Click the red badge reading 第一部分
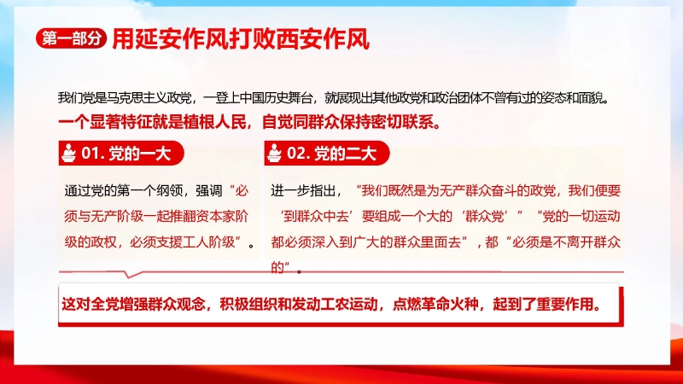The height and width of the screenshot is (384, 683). (x=72, y=38)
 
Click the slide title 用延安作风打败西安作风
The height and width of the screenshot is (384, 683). (x=241, y=39)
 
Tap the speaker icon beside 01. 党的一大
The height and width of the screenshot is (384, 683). (x=69, y=154)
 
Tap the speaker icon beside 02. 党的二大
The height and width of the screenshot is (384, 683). (x=274, y=154)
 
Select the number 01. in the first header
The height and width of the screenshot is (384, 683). (x=92, y=154)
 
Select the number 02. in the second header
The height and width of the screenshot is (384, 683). (x=298, y=154)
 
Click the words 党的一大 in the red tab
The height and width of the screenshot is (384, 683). (x=139, y=154)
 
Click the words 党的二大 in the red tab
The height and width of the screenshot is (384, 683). (x=346, y=154)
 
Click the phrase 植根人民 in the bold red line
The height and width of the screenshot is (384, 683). (x=215, y=122)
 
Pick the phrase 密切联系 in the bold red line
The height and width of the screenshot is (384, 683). (x=404, y=122)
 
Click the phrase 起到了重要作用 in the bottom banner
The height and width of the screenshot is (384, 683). (x=543, y=304)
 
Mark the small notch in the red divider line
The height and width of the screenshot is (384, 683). (x=128, y=274)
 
